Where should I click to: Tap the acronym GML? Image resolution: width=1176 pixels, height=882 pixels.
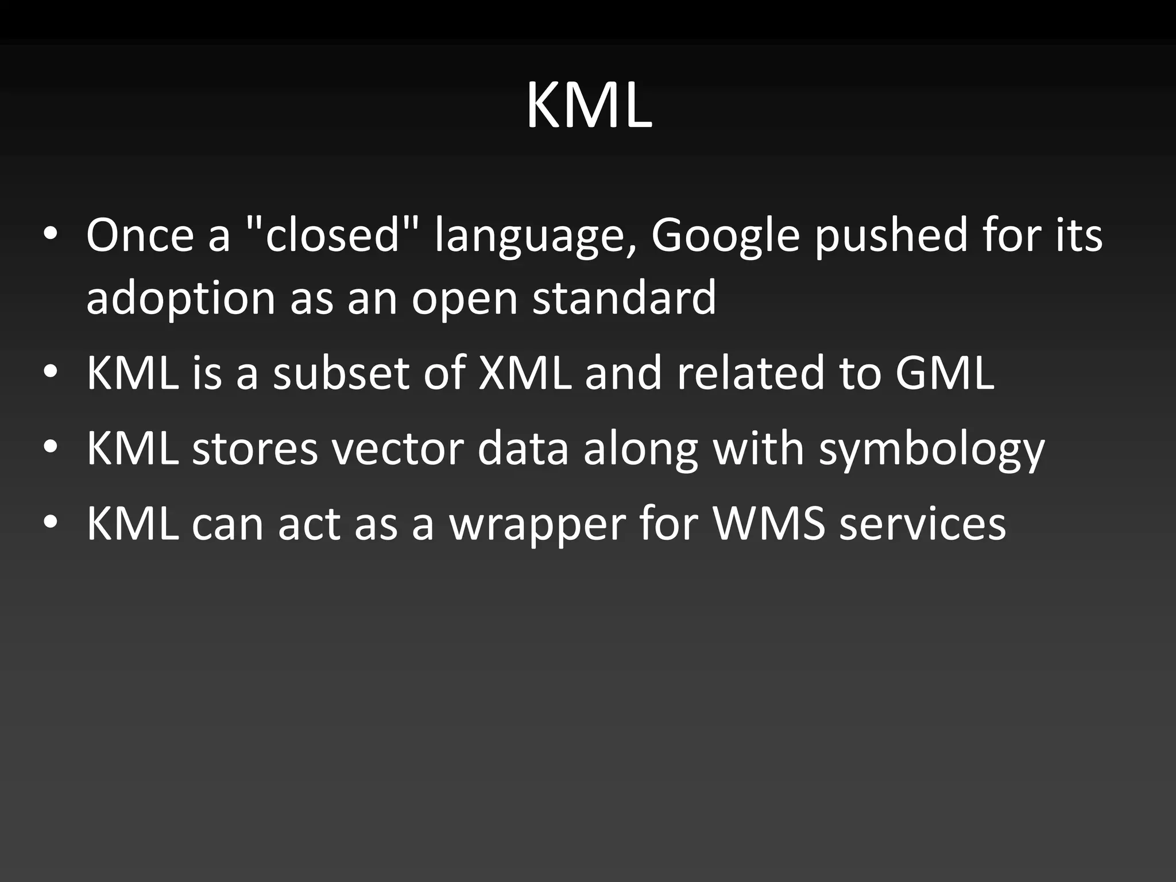[945, 373]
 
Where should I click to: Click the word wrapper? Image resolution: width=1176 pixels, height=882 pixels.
[537, 525]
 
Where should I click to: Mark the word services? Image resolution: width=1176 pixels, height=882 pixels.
[922, 524]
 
